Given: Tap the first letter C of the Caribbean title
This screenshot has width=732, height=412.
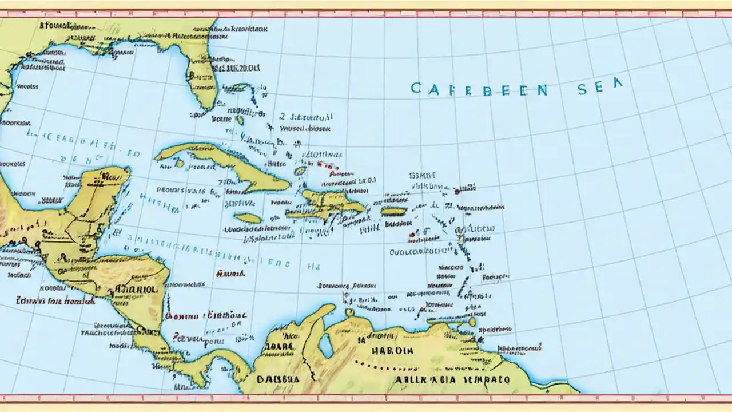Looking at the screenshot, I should (417, 88).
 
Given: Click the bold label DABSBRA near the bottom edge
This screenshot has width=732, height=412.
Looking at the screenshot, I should (278, 379).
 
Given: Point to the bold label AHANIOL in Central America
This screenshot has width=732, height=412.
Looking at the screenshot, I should (136, 289).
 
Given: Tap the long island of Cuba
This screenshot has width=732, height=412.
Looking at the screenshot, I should (229, 166).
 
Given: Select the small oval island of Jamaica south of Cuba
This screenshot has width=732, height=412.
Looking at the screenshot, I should (248, 218).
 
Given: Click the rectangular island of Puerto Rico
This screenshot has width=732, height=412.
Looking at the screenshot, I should (393, 211).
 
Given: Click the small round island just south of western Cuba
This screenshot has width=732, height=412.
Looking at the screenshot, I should (180, 164).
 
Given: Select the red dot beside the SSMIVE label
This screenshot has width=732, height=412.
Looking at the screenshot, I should (457, 192).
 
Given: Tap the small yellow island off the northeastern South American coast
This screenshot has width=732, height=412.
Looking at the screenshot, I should (471, 322).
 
